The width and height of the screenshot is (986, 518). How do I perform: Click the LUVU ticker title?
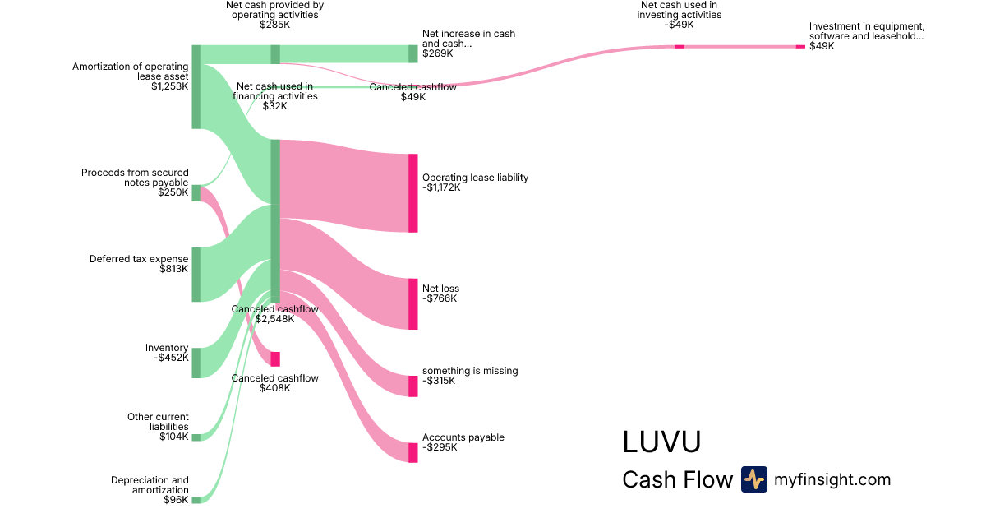click(x=661, y=442)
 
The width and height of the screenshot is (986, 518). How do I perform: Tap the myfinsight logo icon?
click(x=753, y=479)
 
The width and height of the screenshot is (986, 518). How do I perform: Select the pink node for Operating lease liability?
click(x=413, y=192)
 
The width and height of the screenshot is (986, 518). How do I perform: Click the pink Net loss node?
click(x=413, y=303)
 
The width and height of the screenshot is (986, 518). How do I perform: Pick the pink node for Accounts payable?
click(x=413, y=452)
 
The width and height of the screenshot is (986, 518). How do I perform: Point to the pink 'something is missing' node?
click(x=413, y=386)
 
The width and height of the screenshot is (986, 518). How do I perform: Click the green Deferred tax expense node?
click(x=196, y=274)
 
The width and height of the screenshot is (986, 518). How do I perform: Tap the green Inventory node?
click(x=196, y=363)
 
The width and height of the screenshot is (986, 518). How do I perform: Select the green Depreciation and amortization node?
click(x=196, y=500)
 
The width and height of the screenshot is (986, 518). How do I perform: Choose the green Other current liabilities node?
click(x=196, y=437)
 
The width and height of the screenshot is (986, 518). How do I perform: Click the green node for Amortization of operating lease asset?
click(x=196, y=86)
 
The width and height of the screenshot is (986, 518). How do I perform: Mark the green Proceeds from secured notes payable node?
click(x=196, y=193)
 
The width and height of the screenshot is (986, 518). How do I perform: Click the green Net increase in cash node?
click(x=413, y=53)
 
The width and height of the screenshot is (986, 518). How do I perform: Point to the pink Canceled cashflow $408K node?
click(x=275, y=359)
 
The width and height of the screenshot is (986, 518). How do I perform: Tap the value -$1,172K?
click(x=441, y=187)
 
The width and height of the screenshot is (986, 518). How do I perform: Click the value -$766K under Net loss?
click(x=440, y=298)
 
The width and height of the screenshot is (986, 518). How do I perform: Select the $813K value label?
click(x=174, y=269)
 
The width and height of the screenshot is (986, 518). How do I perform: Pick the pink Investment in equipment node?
click(x=800, y=47)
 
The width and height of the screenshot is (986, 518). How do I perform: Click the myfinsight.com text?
click(x=832, y=479)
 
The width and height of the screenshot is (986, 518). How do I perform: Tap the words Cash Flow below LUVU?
click(x=677, y=479)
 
